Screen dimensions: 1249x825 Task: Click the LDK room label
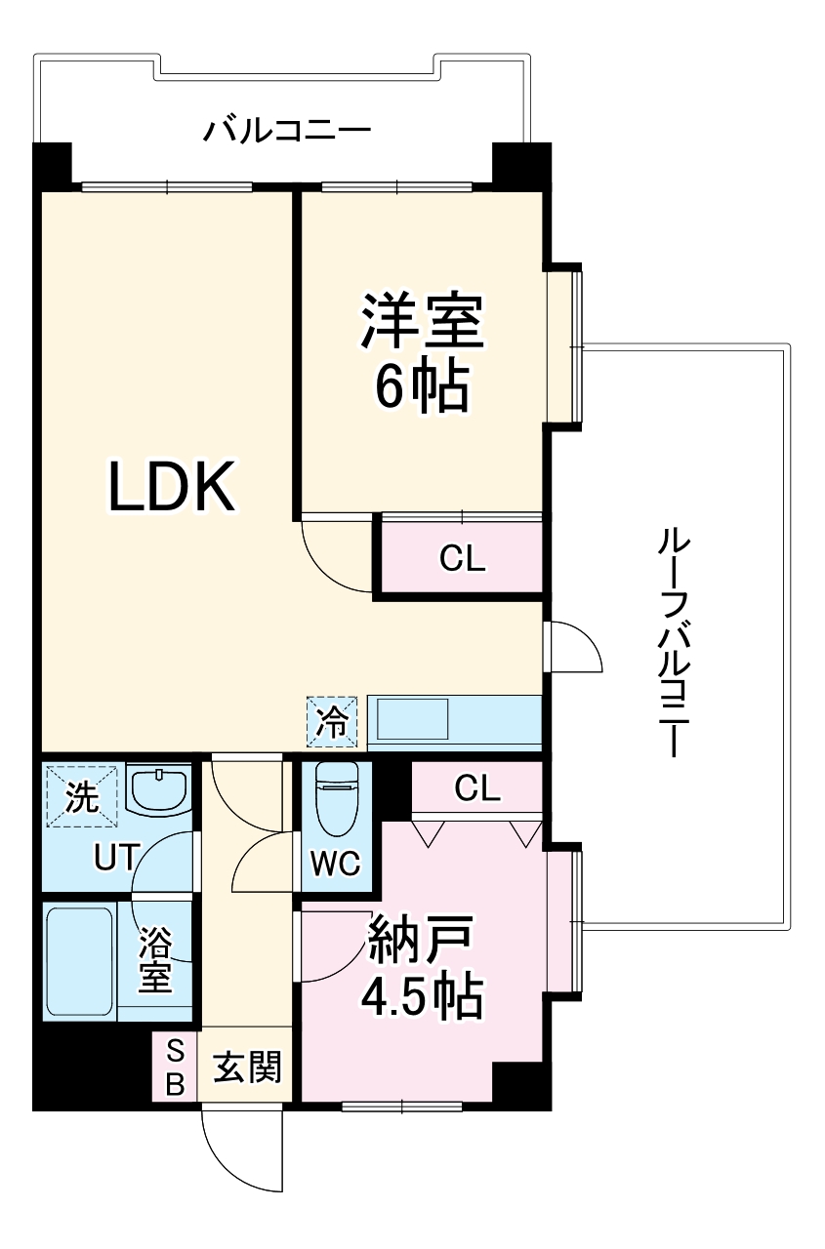pos(172,487)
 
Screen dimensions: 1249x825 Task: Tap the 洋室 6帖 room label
pos(422,352)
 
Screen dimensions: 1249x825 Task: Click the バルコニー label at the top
pos(287,130)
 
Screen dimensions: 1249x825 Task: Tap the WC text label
pos(336,863)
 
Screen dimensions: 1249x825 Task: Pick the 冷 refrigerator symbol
pos(333,721)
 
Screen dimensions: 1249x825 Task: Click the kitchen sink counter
pos(454,719)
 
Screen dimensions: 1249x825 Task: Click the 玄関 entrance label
pos(246,1068)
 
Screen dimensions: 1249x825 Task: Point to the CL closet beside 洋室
pos(461,558)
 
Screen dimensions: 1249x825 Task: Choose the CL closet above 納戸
pos(476,787)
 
